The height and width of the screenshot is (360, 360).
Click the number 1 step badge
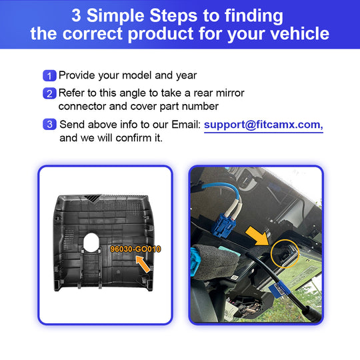tap(49, 75)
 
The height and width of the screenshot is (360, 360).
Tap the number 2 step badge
tap(49, 93)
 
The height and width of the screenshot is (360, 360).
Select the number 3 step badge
tap(49, 124)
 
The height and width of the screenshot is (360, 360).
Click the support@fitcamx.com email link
tap(263, 125)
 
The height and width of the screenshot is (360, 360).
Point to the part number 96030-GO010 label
tap(135, 249)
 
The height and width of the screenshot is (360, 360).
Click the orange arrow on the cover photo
tap(143, 264)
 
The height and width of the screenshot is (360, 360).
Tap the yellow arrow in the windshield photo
tap(257, 236)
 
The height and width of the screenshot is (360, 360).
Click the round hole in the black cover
tap(91, 242)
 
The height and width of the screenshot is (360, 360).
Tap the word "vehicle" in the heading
tap(300, 33)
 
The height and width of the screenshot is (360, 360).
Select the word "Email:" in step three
tap(186, 125)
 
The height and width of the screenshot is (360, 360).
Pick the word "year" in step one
tap(187, 76)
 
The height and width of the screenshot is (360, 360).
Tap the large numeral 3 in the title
tap(76, 15)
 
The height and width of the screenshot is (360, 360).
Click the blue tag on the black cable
tap(279, 290)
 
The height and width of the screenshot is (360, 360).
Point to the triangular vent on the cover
tap(92, 198)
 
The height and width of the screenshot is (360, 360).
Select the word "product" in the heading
tap(161, 34)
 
